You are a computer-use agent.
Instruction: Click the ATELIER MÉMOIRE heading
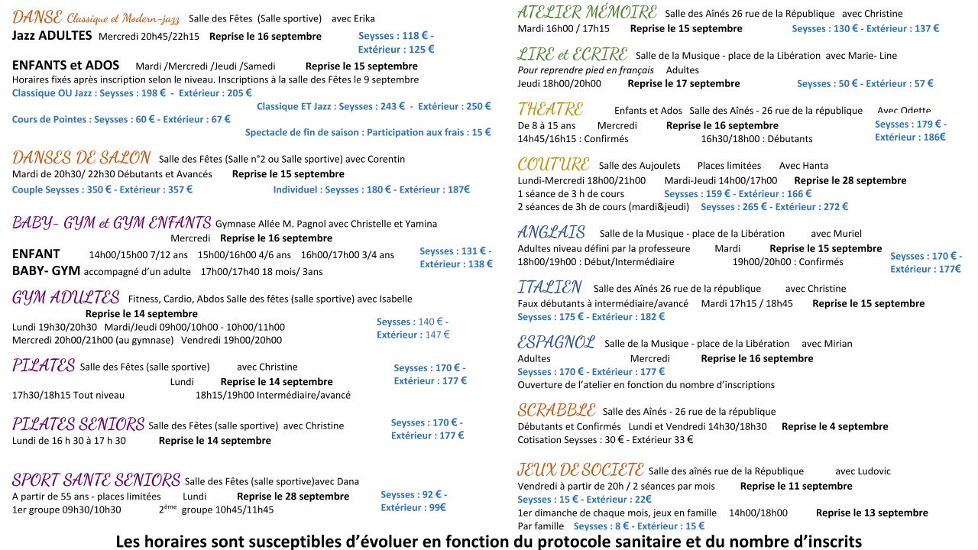click(x=587, y=12)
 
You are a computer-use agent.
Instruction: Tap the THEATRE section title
click(x=550, y=109)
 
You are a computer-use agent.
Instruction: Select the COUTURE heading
click(x=553, y=164)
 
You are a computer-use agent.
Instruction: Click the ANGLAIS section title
click(x=551, y=232)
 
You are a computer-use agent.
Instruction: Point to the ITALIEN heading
click(x=549, y=287)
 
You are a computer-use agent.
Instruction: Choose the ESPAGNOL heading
click(x=555, y=342)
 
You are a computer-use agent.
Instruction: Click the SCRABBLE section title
click(x=555, y=410)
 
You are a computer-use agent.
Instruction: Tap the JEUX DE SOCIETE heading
click(x=580, y=470)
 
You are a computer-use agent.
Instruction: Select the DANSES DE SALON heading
click(x=81, y=158)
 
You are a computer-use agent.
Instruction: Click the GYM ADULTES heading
click(x=66, y=297)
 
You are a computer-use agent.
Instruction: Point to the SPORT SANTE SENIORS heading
click(x=96, y=480)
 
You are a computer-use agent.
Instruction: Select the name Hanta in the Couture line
click(x=814, y=166)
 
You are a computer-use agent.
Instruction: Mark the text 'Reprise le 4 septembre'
click(x=834, y=427)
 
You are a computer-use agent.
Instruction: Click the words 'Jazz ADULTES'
click(x=52, y=36)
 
